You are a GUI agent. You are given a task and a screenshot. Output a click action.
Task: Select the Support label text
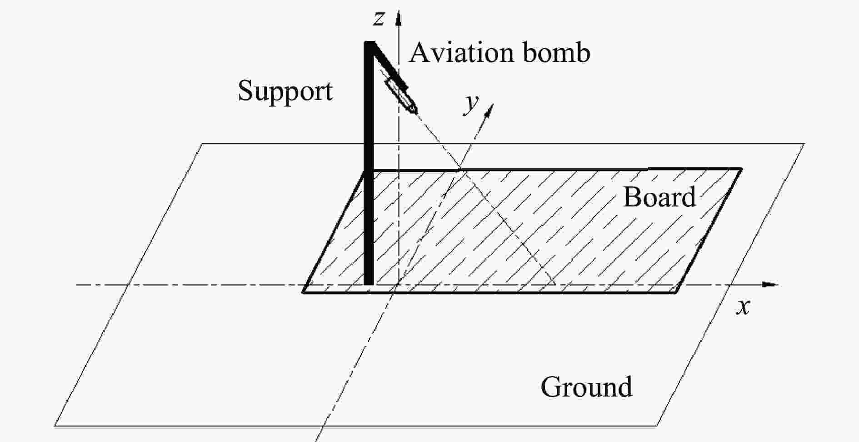pyautogui.click(x=285, y=91)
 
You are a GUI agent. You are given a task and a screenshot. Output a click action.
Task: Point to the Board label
pyautogui.click(x=659, y=197)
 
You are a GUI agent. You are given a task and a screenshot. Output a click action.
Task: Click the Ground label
pyautogui.click(x=586, y=387)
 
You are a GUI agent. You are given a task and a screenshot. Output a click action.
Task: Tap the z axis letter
pyautogui.click(x=378, y=18)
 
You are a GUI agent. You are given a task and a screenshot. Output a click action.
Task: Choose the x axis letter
pyautogui.click(x=743, y=307)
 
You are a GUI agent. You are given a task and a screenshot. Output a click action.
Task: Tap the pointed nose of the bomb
pyautogui.click(x=414, y=110)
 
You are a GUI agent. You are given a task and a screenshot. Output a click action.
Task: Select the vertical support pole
pyautogui.click(x=369, y=182)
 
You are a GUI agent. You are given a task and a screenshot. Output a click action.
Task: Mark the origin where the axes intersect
pyautogui.click(x=399, y=285)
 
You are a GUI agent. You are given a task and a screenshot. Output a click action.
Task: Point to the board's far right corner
pyautogui.click(x=741, y=169)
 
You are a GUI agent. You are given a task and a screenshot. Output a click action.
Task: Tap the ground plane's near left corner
pyautogui.click(x=55, y=426)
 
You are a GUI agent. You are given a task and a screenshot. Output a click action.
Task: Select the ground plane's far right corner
pyautogui.click(x=804, y=144)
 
